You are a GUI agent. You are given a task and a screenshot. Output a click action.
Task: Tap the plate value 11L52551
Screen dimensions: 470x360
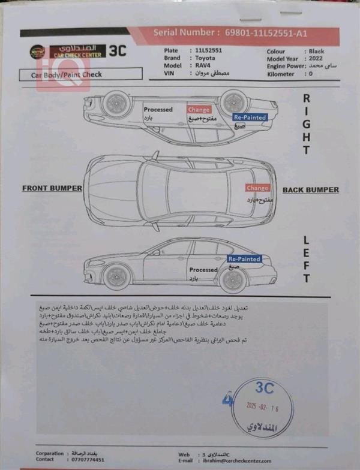[209, 51]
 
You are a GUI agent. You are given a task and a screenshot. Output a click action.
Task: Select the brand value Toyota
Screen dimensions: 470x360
[205, 59]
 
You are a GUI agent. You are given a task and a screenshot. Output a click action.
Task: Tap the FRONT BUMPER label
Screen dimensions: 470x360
[52, 188]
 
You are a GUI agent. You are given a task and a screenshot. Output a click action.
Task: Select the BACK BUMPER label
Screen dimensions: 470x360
[310, 190]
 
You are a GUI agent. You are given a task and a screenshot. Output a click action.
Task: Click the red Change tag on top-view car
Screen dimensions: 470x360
[257, 188]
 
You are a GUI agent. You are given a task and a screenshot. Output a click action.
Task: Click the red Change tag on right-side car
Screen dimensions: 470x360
[199, 110]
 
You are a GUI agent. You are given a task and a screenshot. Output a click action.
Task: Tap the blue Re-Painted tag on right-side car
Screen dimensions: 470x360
[250, 117]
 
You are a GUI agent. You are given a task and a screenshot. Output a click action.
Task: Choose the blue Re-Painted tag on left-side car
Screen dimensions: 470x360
[244, 259]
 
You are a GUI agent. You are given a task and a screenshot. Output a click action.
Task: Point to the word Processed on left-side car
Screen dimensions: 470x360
[203, 270]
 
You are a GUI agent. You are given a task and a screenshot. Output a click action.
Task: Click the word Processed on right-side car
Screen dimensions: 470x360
[158, 110]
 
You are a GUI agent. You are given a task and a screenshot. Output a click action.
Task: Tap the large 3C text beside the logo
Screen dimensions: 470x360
[118, 51]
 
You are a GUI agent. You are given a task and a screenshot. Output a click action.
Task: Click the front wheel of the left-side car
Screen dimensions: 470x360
[116, 277]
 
